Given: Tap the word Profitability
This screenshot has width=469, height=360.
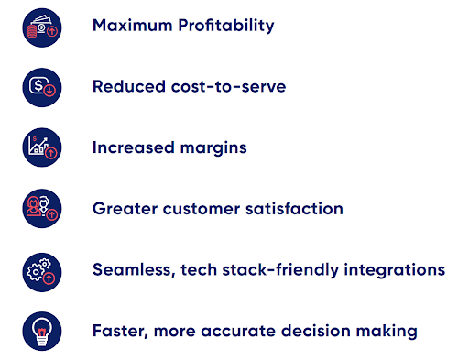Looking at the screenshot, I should click(226, 26).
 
